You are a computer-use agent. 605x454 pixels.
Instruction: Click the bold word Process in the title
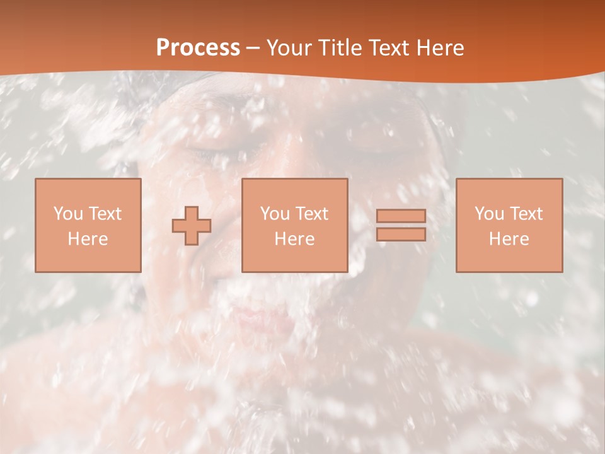[198, 48]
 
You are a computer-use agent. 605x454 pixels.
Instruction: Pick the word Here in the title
[441, 48]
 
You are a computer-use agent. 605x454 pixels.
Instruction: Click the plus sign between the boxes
[192, 226]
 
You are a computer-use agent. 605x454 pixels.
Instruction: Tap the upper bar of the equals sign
[401, 216]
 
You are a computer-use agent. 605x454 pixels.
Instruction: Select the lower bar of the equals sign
[401, 234]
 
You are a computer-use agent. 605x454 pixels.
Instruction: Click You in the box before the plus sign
[68, 213]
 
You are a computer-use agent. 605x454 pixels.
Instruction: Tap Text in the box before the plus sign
[105, 213]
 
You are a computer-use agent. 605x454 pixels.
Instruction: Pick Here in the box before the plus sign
[88, 239]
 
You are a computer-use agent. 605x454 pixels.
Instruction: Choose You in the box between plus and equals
[275, 213]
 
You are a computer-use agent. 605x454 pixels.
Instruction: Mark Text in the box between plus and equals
[311, 213]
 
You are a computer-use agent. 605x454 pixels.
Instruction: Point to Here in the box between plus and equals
[294, 239]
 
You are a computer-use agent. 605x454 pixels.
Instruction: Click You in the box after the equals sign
[489, 213]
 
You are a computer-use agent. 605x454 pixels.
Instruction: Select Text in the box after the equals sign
[526, 213]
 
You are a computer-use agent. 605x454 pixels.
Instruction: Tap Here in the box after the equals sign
[509, 239]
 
